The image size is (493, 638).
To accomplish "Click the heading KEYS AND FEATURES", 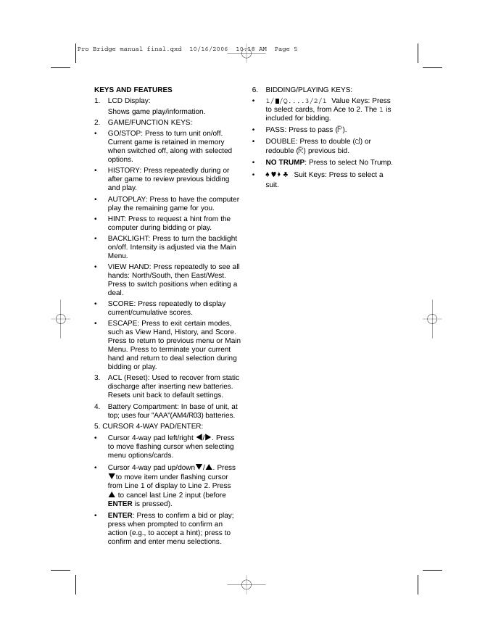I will pyautogui.click(x=133, y=90).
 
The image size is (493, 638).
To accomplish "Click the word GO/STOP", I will pyautogui.click(x=124, y=134).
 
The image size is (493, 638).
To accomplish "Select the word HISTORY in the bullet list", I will pyautogui.click(x=124, y=170).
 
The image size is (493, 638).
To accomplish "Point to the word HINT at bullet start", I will pyautogui.click(x=117, y=218).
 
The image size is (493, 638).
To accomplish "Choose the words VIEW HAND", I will pyautogui.click(x=129, y=267).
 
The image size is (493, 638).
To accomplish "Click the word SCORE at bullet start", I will pyautogui.click(x=120, y=303).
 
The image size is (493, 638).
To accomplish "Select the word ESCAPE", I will pyautogui.click(x=123, y=323).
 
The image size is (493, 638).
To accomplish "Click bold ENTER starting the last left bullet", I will pyautogui.click(x=120, y=515).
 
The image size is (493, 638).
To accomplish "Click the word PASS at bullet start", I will pyautogui.click(x=275, y=129).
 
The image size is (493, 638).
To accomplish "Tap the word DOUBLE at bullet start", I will pyautogui.click(x=280, y=141).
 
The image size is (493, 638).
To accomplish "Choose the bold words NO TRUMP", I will pyautogui.click(x=285, y=162).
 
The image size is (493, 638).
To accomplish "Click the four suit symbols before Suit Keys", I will pyautogui.click(x=278, y=175).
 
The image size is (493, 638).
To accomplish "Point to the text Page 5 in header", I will pyautogui.click(x=286, y=49).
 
